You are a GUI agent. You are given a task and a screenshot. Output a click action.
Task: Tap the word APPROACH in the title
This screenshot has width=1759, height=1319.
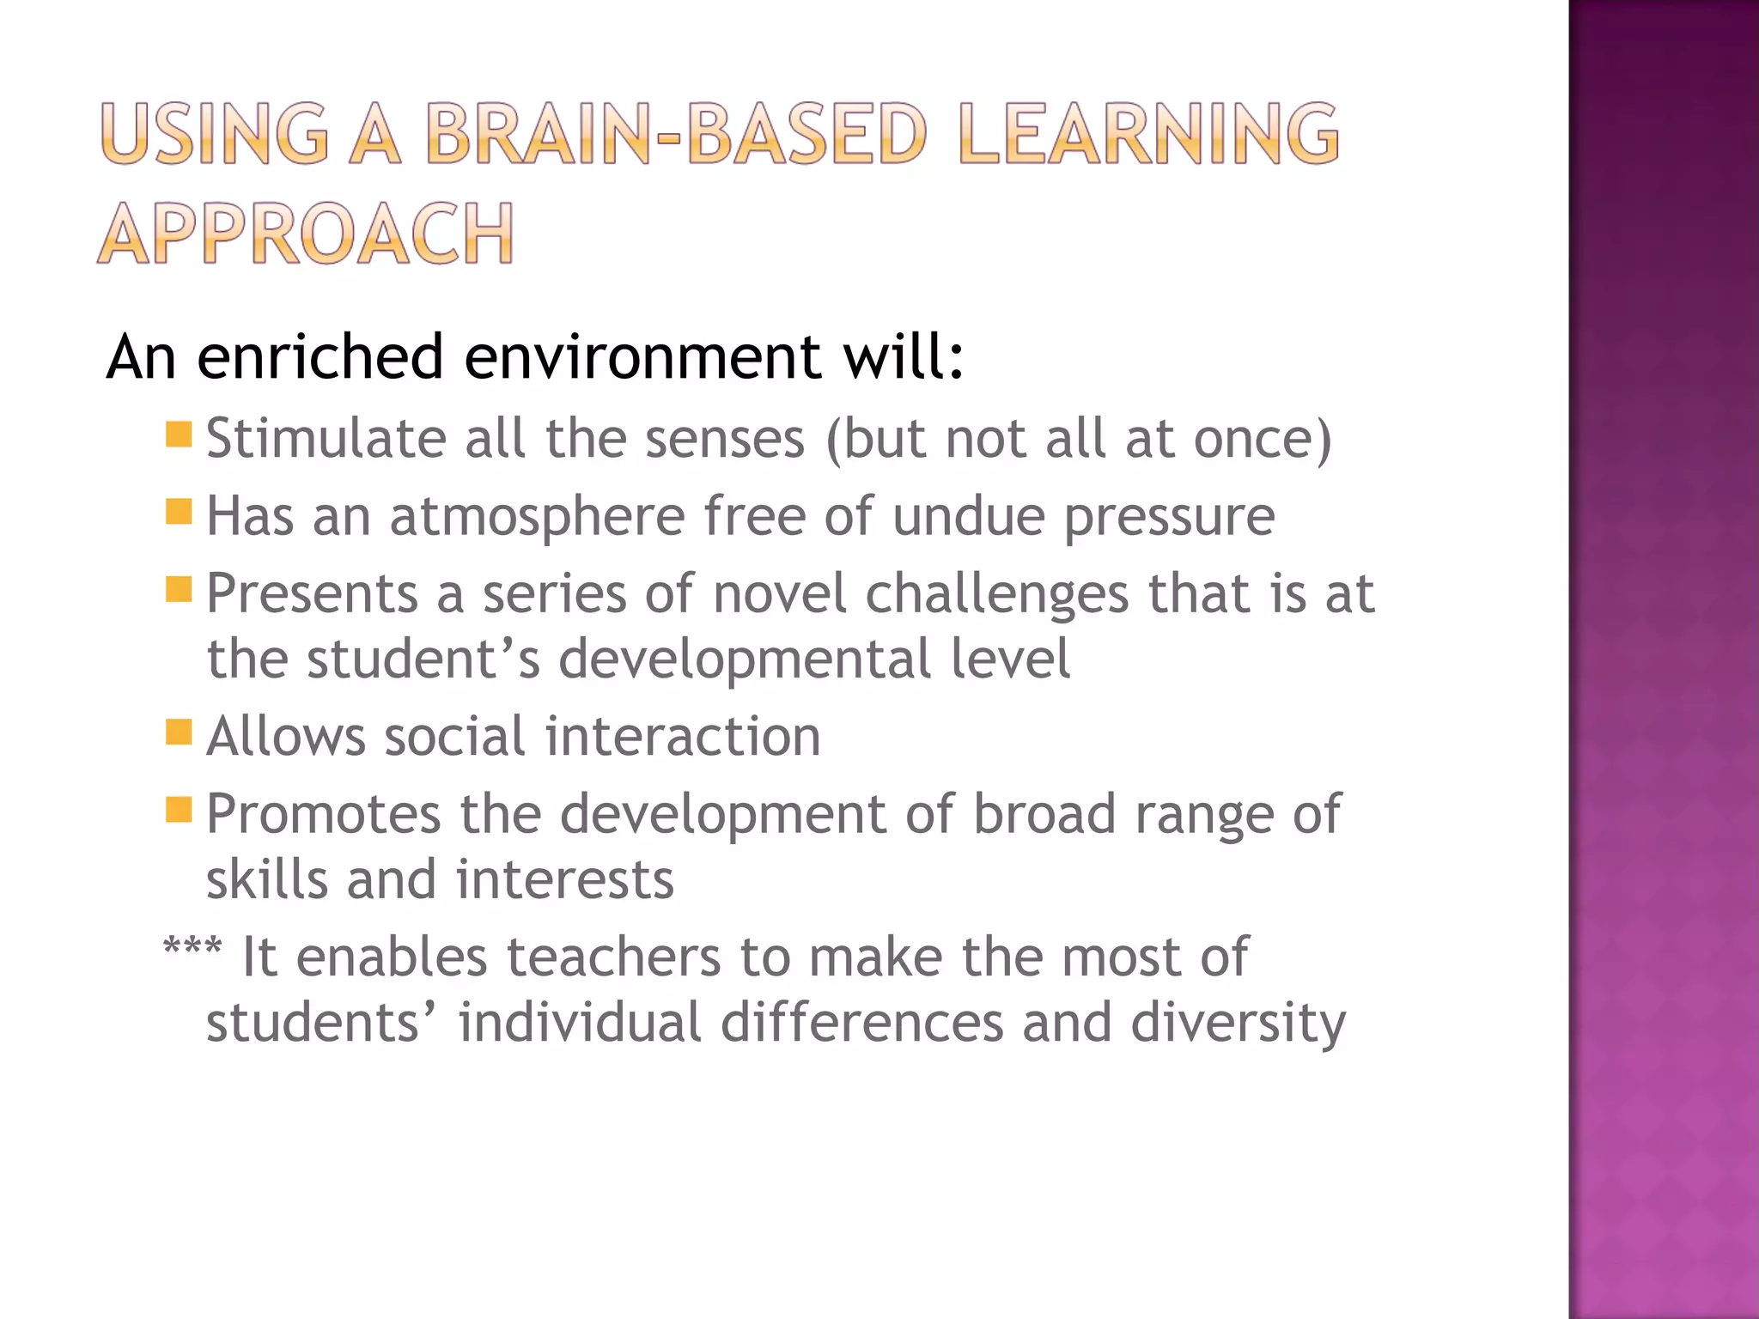(306, 234)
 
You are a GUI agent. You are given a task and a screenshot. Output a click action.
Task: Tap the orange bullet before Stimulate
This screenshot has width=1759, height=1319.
(179, 435)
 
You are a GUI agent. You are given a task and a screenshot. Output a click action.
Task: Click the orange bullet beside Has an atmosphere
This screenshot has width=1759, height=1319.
(179, 512)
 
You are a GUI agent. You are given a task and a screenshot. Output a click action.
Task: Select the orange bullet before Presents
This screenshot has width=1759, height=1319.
(179, 590)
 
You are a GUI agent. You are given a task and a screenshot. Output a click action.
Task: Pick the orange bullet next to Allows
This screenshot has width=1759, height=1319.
(179, 732)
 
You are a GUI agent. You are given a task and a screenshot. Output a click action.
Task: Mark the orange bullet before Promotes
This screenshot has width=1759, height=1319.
(179, 810)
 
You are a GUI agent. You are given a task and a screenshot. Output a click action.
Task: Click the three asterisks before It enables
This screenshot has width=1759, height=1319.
(192, 950)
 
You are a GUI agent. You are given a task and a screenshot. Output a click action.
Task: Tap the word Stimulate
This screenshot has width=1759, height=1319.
(326, 439)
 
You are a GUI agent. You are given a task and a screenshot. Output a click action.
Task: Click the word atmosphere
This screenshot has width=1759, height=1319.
(538, 518)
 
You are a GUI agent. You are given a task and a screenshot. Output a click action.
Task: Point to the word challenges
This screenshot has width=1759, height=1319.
(997, 595)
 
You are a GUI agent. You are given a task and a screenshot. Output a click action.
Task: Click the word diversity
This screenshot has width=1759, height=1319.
(1238, 1024)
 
